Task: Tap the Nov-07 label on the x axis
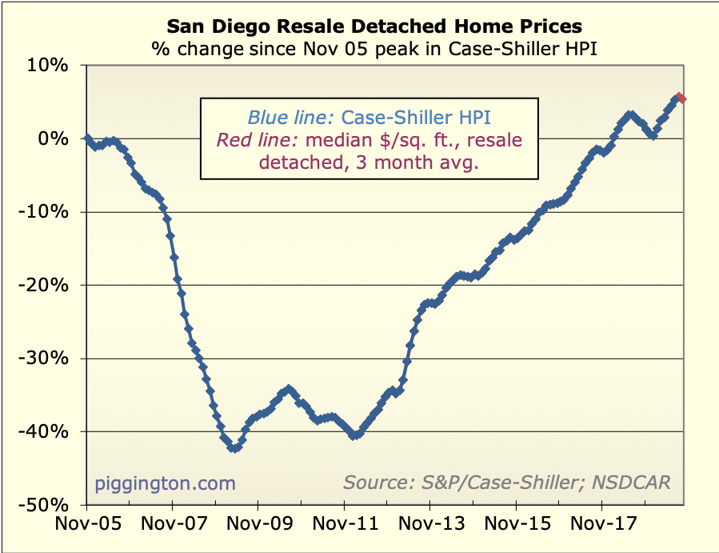(x=172, y=526)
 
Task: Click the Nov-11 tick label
(x=344, y=526)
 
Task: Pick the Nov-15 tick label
(x=516, y=526)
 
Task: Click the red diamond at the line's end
(x=681, y=98)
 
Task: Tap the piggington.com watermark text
(x=166, y=483)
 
